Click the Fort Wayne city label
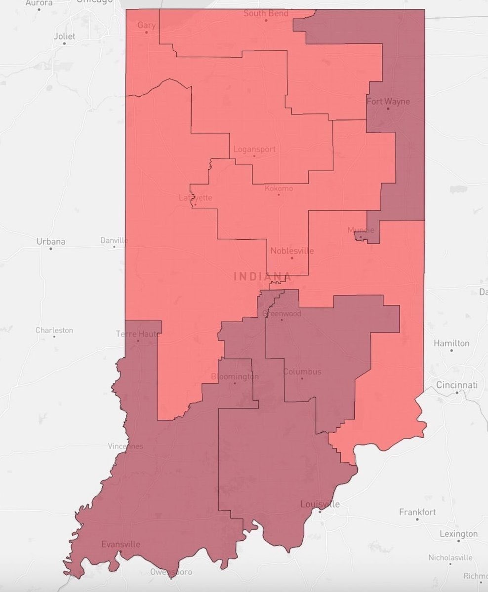[x=388, y=101]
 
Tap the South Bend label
[x=266, y=13]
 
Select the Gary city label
[x=146, y=25]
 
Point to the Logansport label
[x=254, y=149]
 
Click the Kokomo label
[x=279, y=188]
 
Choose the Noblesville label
[x=291, y=251]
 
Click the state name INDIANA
[x=262, y=276]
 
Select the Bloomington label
[x=235, y=376]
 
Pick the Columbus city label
[x=302, y=371]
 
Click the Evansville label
[x=121, y=544]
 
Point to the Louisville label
[x=320, y=504]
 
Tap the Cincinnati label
[x=457, y=385]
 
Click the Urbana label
[x=51, y=241]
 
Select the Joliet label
[x=64, y=36]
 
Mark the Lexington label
[x=458, y=533]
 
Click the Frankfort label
[x=417, y=512]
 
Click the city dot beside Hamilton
[x=451, y=350]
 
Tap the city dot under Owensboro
[x=171, y=579]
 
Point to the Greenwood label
[x=282, y=313]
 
